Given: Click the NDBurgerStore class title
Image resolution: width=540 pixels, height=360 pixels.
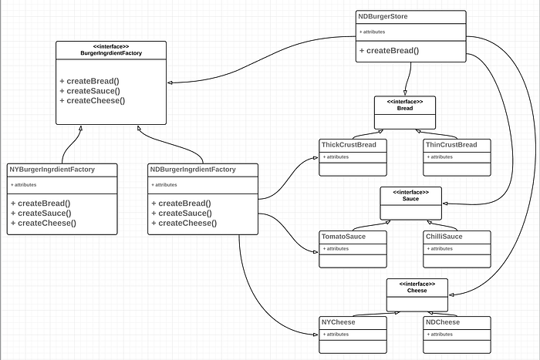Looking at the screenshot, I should tap(383, 16).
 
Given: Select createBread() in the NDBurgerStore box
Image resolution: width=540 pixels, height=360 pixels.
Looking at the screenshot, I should tap(390, 51).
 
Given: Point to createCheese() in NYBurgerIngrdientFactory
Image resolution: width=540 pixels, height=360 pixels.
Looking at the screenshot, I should tap(44, 223).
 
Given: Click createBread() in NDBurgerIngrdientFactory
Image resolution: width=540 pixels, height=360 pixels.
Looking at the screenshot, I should tap(181, 204).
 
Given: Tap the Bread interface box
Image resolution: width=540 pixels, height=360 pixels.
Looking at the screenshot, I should tap(405, 105).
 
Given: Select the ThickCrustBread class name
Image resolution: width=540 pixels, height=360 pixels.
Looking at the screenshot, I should tap(347, 144).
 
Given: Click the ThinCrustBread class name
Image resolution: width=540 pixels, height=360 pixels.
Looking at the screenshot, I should tap(451, 144).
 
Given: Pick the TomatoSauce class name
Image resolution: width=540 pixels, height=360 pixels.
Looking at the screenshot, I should tap(344, 236).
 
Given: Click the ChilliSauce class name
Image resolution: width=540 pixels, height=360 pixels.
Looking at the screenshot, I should tap(444, 236).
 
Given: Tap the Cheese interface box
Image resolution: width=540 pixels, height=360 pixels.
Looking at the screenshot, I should tap(417, 287).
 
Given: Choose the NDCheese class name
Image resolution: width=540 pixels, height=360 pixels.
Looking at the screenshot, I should tap(442, 321).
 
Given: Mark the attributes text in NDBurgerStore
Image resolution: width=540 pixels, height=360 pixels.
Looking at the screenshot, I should tap(373, 32).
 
